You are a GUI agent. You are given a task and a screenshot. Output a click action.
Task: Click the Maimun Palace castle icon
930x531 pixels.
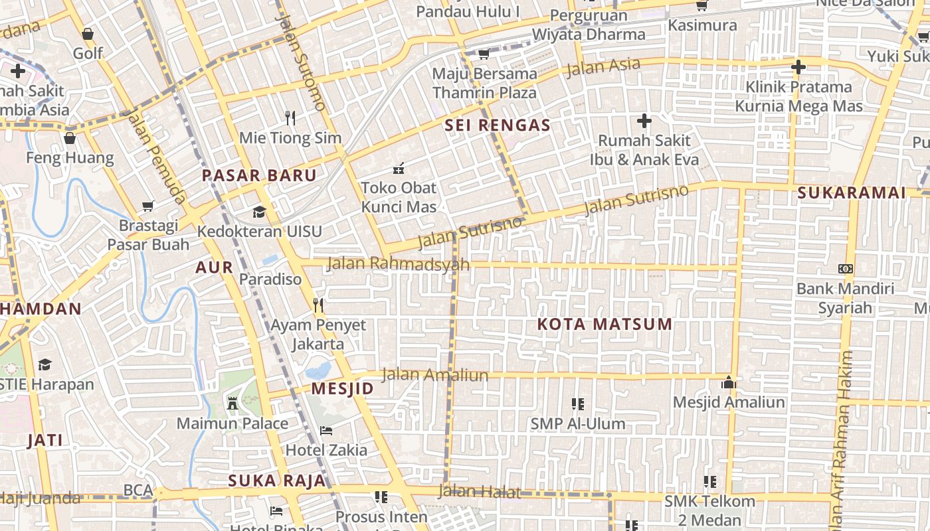pyautogui.click(x=232, y=402)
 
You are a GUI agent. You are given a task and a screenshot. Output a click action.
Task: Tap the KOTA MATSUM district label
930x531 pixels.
pyautogui.click(x=604, y=325)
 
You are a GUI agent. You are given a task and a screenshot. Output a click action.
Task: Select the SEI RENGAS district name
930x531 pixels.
pyautogui.click(x=498, y=125)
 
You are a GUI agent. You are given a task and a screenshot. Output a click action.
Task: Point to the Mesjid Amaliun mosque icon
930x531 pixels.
pyautogui.click(x=729, y=382)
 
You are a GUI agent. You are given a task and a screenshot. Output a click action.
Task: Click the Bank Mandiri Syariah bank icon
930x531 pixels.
pyautogui.click(x=845, y=269)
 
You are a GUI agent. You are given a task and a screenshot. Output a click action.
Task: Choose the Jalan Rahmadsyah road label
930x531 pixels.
pyautogui.click(x=399, y=264)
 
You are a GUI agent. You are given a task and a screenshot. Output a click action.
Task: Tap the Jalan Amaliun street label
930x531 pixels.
pyautogui.click(x=435, y=374)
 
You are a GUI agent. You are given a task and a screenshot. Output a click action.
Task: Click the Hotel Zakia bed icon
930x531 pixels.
pyautogui.click(x=326, y=430)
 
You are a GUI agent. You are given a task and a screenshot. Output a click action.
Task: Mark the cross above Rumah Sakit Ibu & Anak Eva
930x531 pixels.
pyautogui.click(x=644, y=121)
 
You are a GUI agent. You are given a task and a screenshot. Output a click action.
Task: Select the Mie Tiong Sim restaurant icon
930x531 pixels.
pyautogui.click(x=290, y=118)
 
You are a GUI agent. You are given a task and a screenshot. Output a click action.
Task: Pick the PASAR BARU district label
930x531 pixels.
pyautogui.click(x=259, y=176)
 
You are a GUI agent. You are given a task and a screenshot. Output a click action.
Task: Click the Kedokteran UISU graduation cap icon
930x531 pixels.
pyautogui.click(x=259, y=212)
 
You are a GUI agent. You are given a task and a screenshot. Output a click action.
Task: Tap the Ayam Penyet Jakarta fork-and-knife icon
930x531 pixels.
pyautogui.click(x=318, y=305)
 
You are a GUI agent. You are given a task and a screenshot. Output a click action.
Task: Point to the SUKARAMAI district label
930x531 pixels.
pyautogui.click(x=852, y=193)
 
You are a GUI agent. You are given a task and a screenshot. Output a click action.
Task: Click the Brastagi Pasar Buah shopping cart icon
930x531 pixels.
pyautogui.click(x=148, y=206)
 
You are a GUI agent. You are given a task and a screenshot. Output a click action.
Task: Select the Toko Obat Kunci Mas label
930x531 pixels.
pyautogui.click(x=399, y=197)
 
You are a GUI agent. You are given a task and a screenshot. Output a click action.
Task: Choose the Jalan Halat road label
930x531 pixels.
pyautogui.click(x=478, y=492)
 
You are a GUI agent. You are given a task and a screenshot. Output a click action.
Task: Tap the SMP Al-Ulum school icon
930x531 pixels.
pyautogui.click(x=577, y=404)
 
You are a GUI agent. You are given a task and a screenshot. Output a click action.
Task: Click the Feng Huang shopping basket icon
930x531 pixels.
pyautogui.click(x=70, y=138)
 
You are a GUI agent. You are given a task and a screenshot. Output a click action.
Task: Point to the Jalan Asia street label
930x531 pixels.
pyautogui.click(x=603, y=66)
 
